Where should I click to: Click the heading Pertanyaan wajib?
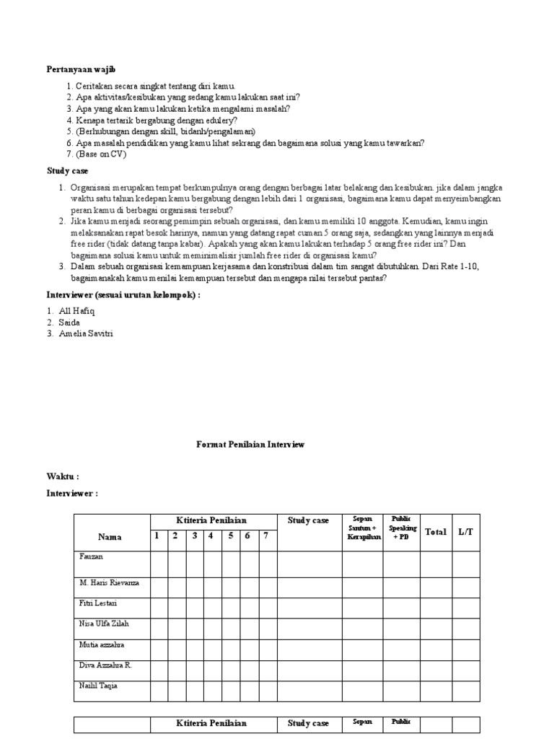[x=81, y=69]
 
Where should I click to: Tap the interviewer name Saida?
[x=69, y=322]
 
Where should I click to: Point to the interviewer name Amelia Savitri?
[x=87, y=333]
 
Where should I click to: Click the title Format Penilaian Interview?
[x=250, y=445]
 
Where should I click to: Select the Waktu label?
[x=62, y=476]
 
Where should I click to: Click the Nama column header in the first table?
[x=110, y=537]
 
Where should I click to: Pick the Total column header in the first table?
[x=436, y=532]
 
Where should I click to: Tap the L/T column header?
[x=466, y=532]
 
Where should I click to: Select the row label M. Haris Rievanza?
[x=109, y=582]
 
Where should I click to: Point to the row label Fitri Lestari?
[x=98, y=603]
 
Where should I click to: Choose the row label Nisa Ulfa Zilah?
[x=104, y=624]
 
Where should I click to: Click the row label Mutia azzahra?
[x=102, y=644]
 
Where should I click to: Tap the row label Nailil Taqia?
[x=98, y=686]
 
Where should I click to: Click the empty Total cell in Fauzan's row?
[x=436, y=564]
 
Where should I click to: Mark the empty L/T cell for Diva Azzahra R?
[x=466, y=670]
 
